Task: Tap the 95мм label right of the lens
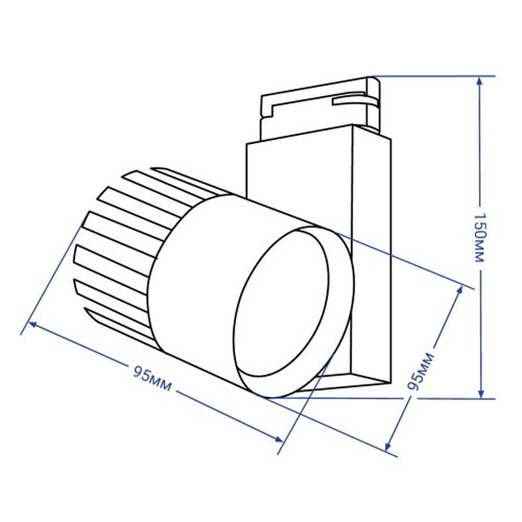421,371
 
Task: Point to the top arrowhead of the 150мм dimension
480,82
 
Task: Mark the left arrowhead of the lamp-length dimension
34,324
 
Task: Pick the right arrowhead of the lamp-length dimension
279,438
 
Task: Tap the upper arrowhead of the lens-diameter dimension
459,290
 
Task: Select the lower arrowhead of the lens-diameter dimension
388,445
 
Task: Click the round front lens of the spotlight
281,303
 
